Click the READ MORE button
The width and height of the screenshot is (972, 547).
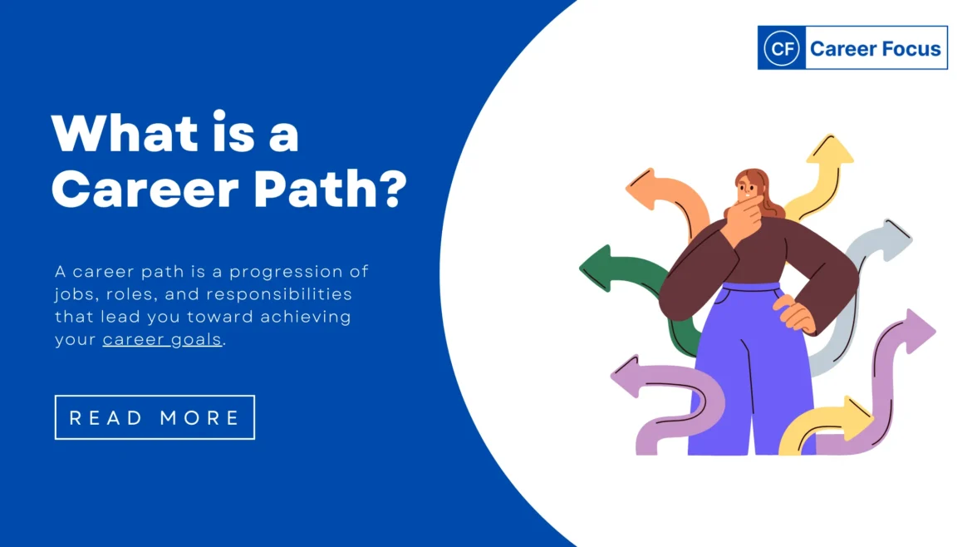155,417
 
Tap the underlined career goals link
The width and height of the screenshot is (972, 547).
162,339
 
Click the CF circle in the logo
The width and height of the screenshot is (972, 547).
780,48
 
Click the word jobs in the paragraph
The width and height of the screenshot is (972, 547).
76,295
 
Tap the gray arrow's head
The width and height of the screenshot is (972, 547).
894,239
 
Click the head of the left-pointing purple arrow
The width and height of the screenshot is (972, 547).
626,377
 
